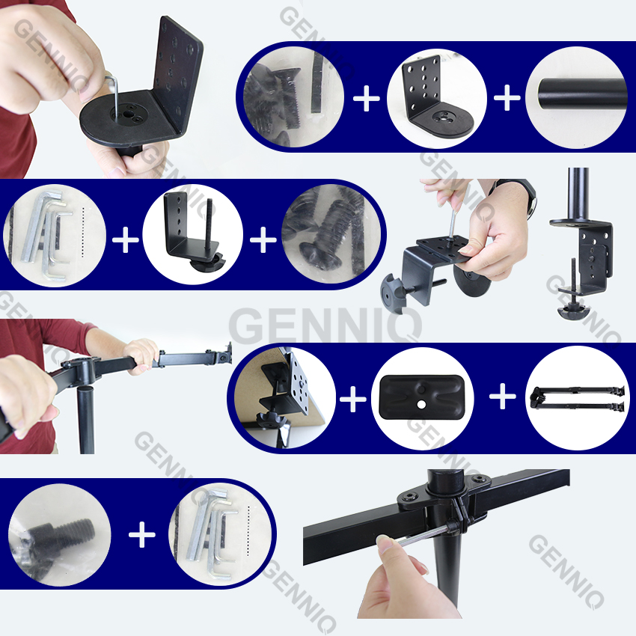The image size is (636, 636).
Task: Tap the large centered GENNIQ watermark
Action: (325, 325)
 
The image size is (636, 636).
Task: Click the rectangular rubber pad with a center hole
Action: (422, 397)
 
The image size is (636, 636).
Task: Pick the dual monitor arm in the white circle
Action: (577, 397)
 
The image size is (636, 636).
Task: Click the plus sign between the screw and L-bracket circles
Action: (367, 98)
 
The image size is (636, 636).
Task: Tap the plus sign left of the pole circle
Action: (507, 97)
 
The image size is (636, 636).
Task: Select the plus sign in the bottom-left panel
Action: (142, 534)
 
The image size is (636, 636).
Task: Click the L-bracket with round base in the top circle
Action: (436, 97)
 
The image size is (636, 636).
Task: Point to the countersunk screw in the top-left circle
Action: (288, 97)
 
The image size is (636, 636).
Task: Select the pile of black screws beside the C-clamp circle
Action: (331, 235)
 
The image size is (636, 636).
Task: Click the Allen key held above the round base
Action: (114, 95)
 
